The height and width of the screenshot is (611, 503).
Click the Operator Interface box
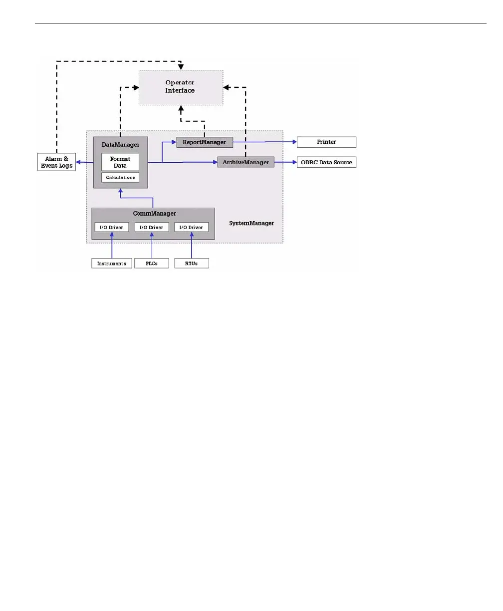[x=180, y=87]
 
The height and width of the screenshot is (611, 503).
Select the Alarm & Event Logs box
[x=56, y=162]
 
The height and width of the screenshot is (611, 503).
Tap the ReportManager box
[x=205, y=142]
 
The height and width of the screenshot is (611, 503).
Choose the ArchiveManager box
[x=246, y=162]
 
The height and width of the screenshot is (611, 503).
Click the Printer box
[x=326, y=142]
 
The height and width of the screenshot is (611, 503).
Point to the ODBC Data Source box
[x=326, y=162]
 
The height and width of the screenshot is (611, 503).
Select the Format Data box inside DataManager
[x=120, y=162]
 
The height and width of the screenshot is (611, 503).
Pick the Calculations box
[x=120, y=177]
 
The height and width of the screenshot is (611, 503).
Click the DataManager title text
[x=120, y=145]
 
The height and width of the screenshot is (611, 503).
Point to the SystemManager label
[x=251, y=223]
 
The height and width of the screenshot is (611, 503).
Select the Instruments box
[x=112, y=263]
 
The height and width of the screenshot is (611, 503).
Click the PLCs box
[x=152, y=263]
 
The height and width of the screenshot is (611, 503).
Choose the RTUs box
[x=192, y=263]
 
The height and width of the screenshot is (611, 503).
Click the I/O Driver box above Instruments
[x=112, y=227]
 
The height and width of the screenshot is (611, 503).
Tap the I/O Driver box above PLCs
[x=152, y=227]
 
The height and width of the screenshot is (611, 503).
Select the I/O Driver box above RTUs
[x=192, y=227]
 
